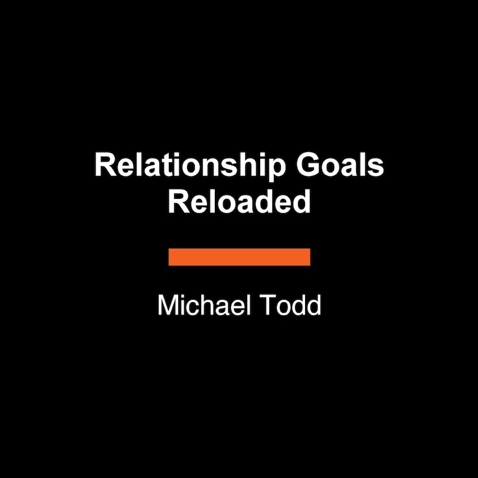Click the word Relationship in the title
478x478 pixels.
pyautogui.click(x=188, y=166)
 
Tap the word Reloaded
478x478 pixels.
pyautogui.click(x=239, y=202)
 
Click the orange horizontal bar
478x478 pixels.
pyautogui.click(x=239, y=257)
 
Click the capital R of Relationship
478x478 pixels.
pyautogui.click(x=103, y=166)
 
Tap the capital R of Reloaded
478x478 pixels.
pyautogui.click(x=176, y=202)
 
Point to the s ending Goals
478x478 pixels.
pyautogui.click(x=377, y=169)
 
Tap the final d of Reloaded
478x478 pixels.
pyautogui.click(x=303, y=202)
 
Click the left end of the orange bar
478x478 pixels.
pyautogui.click(x=171, y=257)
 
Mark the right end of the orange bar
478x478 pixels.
pyautogui.click(x=308, y=257)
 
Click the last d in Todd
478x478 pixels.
pyautogui.click(x=313, y=306)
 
